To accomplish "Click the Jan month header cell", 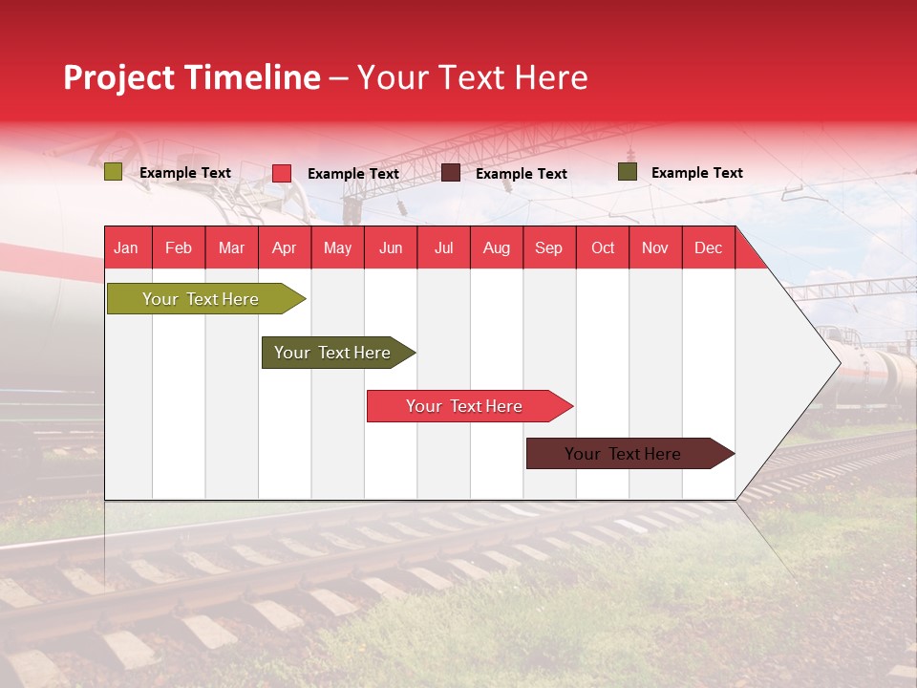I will click(126, 247).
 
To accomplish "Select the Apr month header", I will click(285, 247).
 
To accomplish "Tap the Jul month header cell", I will click(443, 247).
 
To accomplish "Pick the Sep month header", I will click(548, 247).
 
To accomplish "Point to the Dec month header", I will click(708, 247).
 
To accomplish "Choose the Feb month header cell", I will click(179, 247).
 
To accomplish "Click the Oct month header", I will click(603, 247).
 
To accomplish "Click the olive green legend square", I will click(113, 172).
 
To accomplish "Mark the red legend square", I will click(282, 173).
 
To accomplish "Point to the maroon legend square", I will click(451, 173).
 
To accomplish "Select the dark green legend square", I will click(627, 172).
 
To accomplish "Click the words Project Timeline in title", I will click(191, 77).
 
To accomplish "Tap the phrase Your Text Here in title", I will click(473, 77).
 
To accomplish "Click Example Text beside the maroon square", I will click(521, 174).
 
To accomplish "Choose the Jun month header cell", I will click(391, 247).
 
